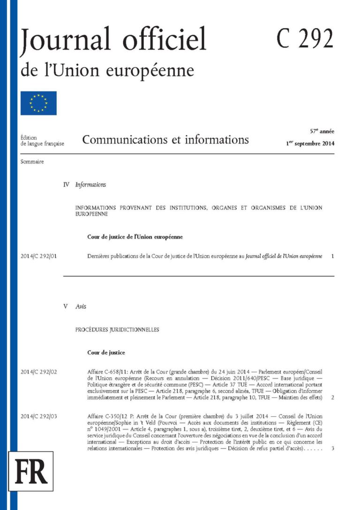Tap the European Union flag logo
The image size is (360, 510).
pos(38,103)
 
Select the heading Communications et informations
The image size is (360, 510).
pos(165,139)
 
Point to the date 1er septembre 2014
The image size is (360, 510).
pos(310,144)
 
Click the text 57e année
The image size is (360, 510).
pos(321,131)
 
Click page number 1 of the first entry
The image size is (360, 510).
pos(332,257)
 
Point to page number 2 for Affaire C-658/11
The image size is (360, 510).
pos(332,397)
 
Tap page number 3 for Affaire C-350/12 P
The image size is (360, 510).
pos(332,449)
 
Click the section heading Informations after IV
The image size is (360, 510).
pos(90,185)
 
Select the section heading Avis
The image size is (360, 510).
pos(81,306)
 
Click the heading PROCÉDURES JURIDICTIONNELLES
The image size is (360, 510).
pos(117,330)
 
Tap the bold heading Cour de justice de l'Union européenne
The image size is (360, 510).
pos(135,237)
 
